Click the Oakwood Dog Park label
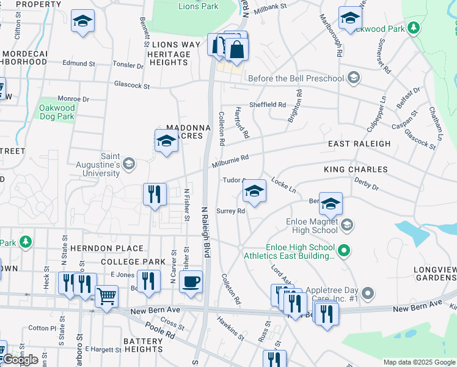[57, 113]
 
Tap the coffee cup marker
[192, 282]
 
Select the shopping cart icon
[107, 297]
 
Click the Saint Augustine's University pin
[129, 163]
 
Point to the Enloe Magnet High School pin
[347, 225]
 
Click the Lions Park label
[198, 7]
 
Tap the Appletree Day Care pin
[367, 294]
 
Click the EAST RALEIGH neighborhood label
[359, 144]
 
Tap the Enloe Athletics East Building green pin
[344, 250]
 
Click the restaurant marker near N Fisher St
[155, 195]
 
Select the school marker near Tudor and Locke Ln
[254, 191]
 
